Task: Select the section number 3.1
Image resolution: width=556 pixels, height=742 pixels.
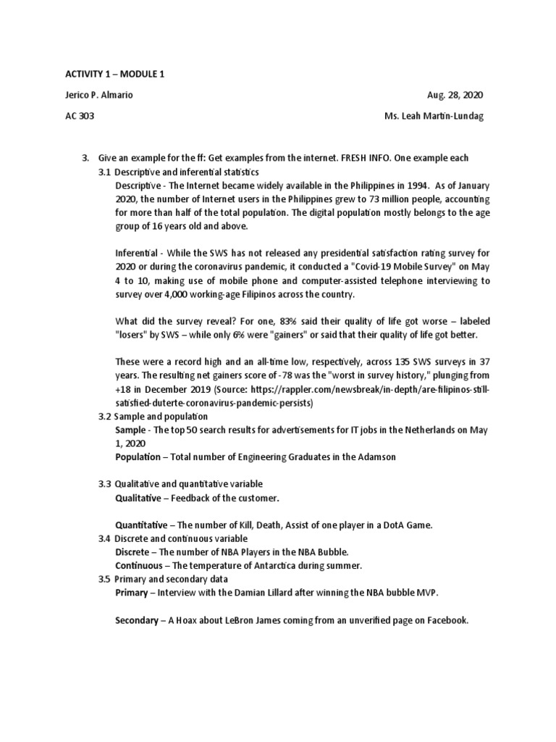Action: [106, 172]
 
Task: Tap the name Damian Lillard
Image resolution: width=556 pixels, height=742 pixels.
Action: [276, 593]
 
